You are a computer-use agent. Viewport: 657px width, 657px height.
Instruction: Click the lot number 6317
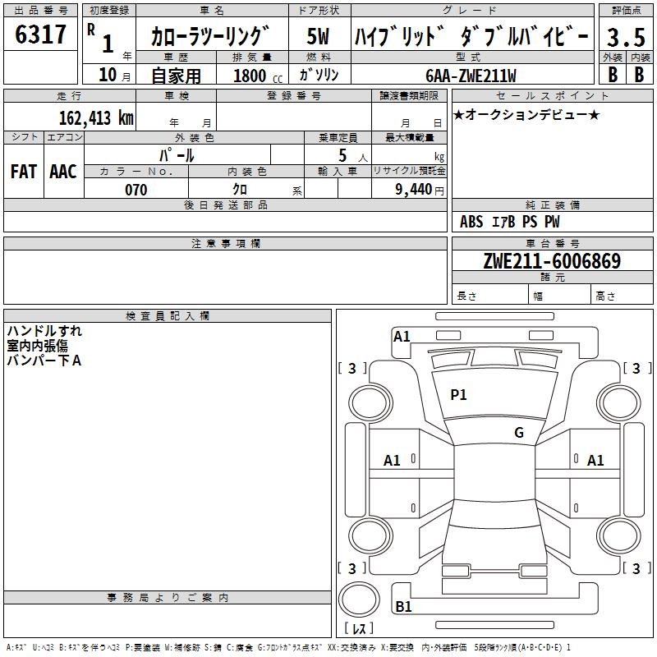pyautogui.click(x=41, y=34)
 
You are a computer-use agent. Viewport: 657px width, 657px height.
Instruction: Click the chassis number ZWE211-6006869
pyautogui.click(x=552, y=261)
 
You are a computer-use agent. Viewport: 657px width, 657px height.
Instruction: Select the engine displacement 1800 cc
pyautogui.click(x=255, y=76)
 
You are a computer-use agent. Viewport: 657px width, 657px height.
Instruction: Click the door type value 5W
pyautogui.click(x=319, y=37)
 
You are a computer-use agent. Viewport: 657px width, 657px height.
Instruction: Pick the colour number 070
pyautogui.click(x=136, y=190)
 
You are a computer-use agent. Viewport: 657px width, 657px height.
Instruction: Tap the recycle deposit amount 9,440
pyautogui.click(x=408, y=190)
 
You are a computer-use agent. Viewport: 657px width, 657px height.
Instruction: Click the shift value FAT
pyautogui.click(x=23, y=172)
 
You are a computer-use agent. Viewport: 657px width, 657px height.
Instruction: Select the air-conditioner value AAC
pyautogui.click(x=62, y=172)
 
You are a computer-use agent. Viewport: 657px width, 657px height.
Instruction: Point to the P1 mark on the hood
pyautogui.click(x=458, y=395)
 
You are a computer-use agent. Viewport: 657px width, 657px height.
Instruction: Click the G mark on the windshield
pyautogui.click(x=518, y=433)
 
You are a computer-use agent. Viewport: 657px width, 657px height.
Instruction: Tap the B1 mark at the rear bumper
pyautogui.click(x=403, y=607)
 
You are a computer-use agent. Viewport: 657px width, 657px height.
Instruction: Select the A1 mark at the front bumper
pyautogui.click(x=402, y=337)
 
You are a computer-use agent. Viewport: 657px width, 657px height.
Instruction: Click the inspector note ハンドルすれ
pyautogui.click(x=44, y=332)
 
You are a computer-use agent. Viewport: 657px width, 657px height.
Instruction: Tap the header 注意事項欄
pyautogui.click(x=226, y=244)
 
